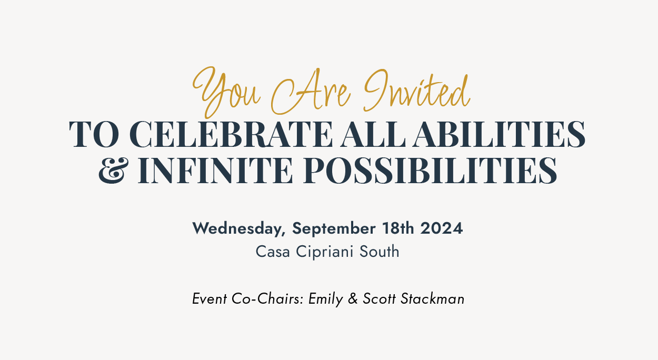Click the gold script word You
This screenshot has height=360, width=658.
click(226, 92)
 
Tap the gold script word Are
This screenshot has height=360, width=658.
click(311, 92)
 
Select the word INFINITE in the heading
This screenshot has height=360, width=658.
click(215, 171)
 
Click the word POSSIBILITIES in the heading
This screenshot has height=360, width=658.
click(430, 171)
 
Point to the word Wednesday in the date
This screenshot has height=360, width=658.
click(239, 229)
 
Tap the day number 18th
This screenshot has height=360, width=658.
click(398, 228)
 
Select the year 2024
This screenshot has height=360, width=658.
click(442, 228)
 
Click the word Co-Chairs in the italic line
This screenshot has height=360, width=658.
click(267, 299)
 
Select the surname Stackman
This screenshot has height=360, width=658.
click(432, 299)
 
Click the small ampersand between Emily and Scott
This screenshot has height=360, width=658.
click(353, 299)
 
